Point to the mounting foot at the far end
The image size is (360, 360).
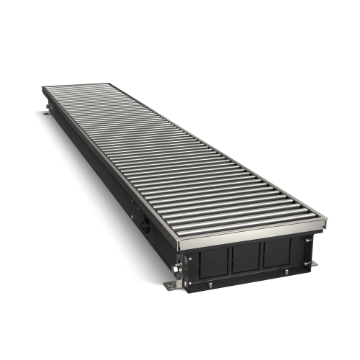[x=49, y=111]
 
